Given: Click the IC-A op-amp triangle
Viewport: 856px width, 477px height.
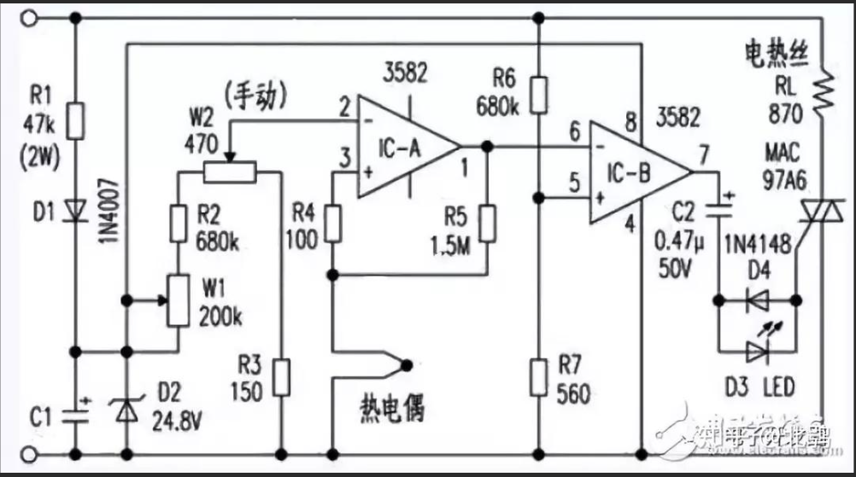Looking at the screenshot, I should pyautogui.click(x=402, y=146).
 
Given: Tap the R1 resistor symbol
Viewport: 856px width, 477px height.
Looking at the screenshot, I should pyautogui.click(x=76, y=122).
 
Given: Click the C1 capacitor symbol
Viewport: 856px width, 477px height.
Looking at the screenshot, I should pyautogui.click(x=76, y=416).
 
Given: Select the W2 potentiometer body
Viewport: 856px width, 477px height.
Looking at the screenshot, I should pyautogui.click(x=229, y=173).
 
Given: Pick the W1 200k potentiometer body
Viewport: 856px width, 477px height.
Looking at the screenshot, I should pyautogui.click(x=177, y=300).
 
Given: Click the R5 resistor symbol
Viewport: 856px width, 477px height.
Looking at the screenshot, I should pyautogui.click(x=487, y=223).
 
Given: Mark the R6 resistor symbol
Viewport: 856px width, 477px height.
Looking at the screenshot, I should pyautogui.click(x=538, y=94).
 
